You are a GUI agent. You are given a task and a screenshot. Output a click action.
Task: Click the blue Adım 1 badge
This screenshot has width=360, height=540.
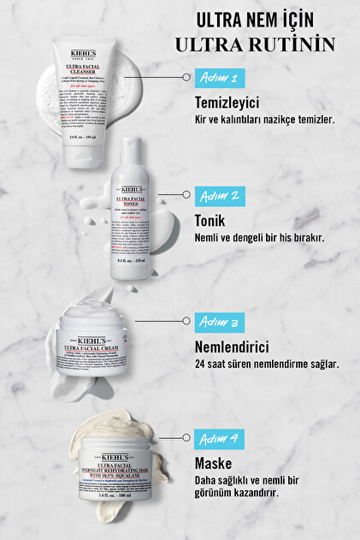click(220, 76)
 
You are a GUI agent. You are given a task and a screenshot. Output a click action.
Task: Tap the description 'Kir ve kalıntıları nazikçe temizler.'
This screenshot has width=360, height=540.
click(265, 120)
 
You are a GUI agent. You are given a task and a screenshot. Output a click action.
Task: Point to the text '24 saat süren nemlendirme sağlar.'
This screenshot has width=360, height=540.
click(267, 364)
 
